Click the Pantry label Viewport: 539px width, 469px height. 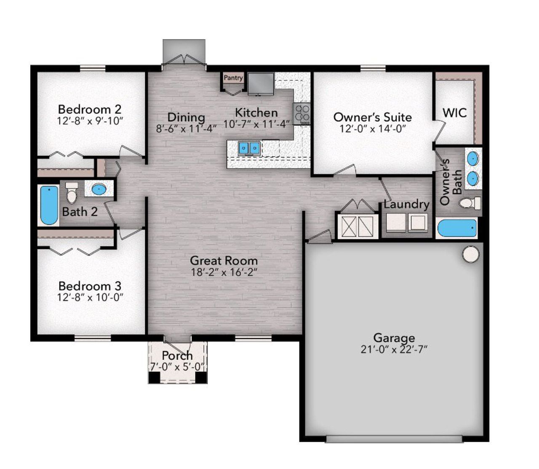[233, 78]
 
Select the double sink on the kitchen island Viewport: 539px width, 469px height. [249, 148]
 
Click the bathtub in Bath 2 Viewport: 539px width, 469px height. [49, 206]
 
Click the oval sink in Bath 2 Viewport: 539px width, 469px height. [99, 189]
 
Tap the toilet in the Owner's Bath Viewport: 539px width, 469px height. [469, 203]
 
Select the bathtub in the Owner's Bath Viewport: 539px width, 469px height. [457, 229]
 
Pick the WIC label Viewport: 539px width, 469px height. [454, 113]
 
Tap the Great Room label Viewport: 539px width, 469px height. [224, 260]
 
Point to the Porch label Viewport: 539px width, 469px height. [177, 356]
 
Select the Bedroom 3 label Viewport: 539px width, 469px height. [90, 286]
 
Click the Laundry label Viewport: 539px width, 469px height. [406, 205]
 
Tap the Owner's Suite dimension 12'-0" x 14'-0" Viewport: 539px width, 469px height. [372, 128]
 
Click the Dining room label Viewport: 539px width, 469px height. [186, 117]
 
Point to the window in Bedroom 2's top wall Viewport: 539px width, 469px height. [93, 68]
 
